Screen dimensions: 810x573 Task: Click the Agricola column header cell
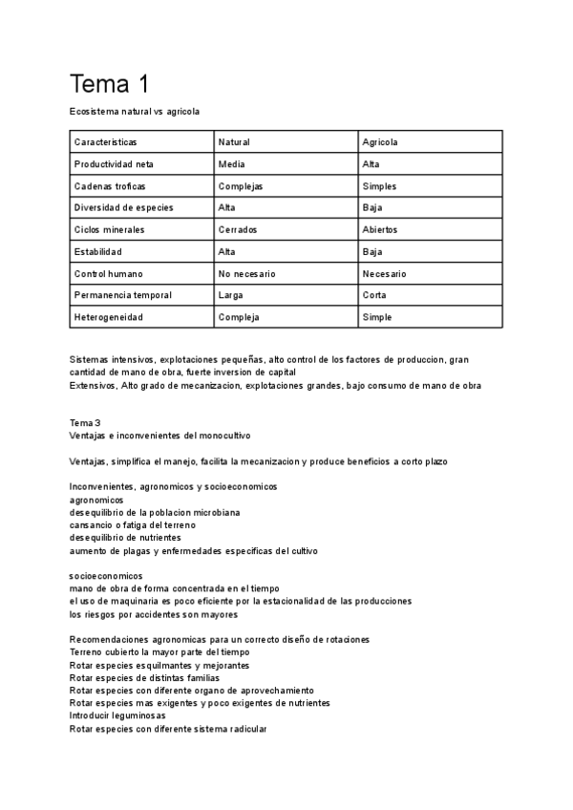(379, 142)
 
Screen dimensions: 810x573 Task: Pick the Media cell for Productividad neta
(231, 164)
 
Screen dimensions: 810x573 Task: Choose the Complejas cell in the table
(240, 186)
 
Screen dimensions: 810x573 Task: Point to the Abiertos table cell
(379, 230)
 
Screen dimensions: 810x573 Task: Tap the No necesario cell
(246, 274)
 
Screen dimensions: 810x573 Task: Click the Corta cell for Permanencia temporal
(373, 295)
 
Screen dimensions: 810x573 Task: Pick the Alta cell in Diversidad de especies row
(227, 208)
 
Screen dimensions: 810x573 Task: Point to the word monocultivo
(224, 436)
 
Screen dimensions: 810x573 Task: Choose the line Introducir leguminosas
(117, 715)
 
